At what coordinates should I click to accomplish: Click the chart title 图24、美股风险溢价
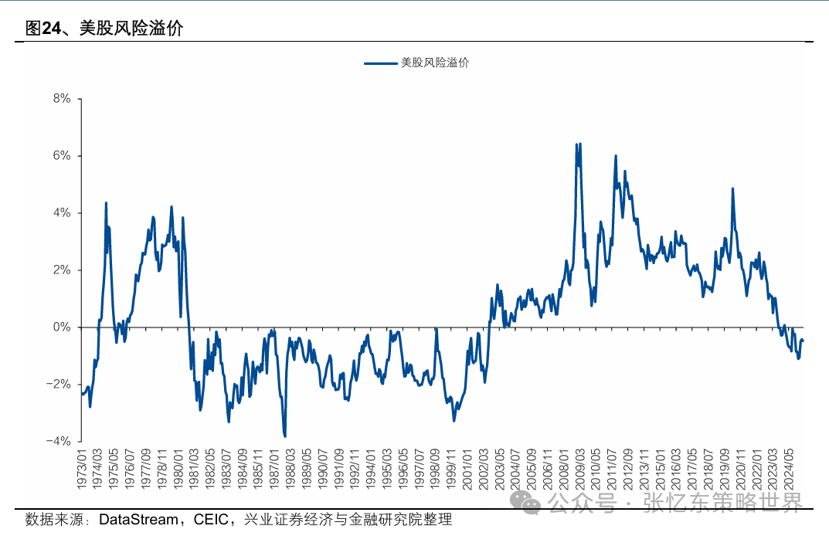tap(104, 29)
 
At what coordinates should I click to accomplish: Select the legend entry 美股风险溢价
tap(435, 63)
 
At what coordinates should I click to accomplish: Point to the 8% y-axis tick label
tap(62, 99)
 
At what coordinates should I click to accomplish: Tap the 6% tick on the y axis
tap(62, 156)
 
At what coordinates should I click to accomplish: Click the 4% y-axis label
tap(62, 213)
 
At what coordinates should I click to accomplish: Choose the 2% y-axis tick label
tap(62, 270)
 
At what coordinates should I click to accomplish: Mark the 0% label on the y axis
tap(62, 327)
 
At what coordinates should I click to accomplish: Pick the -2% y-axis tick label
tap(59, 385)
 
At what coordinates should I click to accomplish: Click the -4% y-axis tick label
tap(59, 442)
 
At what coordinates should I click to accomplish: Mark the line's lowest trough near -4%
tap(285, 436)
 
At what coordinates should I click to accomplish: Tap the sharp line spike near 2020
tap(732, 188)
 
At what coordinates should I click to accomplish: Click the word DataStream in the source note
tap(137, 520)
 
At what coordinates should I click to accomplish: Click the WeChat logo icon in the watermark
tap(531, 503)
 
